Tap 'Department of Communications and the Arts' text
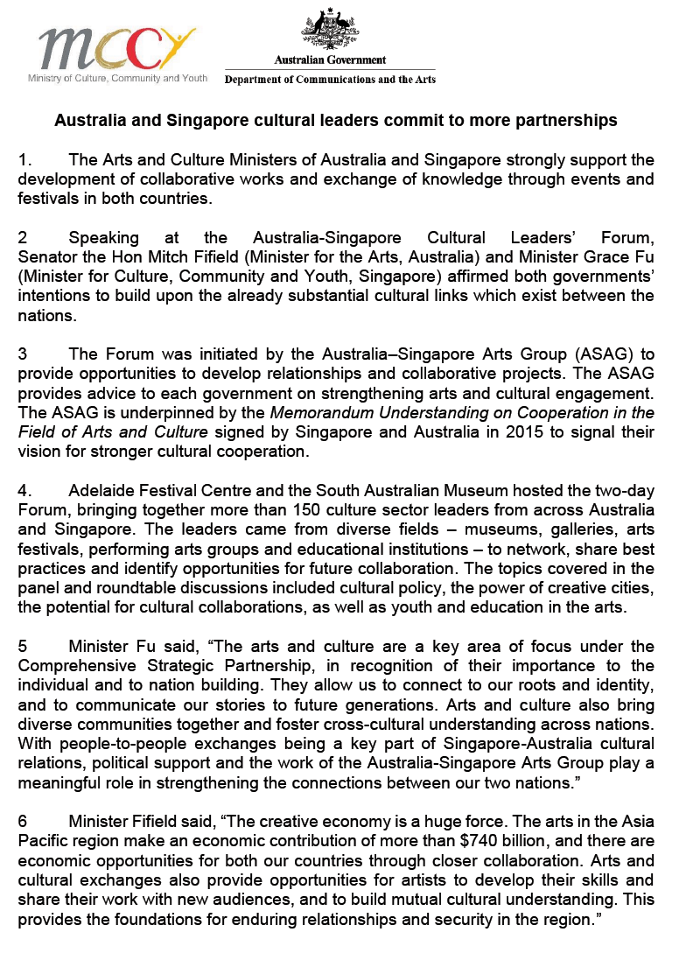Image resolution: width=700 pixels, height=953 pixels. (x=330, y=80)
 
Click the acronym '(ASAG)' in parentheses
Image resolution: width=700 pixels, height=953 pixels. (x=587, y=354)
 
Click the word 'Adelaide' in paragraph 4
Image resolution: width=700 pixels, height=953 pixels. (x=103, y=491)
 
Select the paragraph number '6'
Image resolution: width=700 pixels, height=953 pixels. (x=23, y=822)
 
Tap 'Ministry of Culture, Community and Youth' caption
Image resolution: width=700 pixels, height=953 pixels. (x=116, y=79)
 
